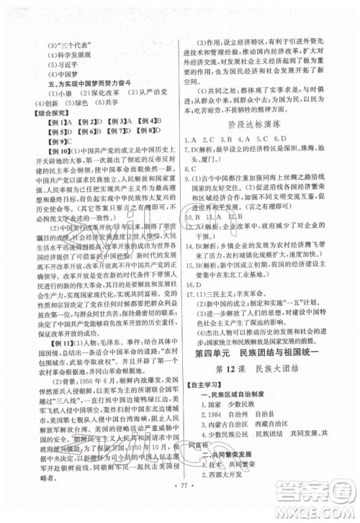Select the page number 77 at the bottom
[x=180, y=502]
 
